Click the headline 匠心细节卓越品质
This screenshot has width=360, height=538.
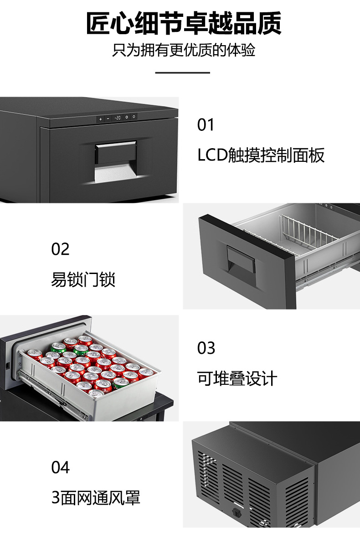point(184,24)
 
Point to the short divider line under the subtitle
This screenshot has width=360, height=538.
point(182,72)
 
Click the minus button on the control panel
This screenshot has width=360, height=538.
point(108,119)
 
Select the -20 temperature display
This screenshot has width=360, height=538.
point(117,118)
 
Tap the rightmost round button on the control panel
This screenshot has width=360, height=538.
point(134,117)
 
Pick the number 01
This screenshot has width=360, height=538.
point(206,125)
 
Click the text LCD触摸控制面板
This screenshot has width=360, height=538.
point(261,155)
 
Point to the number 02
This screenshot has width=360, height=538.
point(60,249)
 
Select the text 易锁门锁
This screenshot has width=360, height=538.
point(83,279)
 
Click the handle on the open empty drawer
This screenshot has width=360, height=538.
point(241,260)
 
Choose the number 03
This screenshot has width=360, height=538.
point(206,348)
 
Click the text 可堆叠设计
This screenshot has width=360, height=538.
point(237,378)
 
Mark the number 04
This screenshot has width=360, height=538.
point(60,468)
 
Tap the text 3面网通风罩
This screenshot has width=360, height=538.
point(96,497)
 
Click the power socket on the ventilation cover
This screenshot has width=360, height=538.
point(237,512)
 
